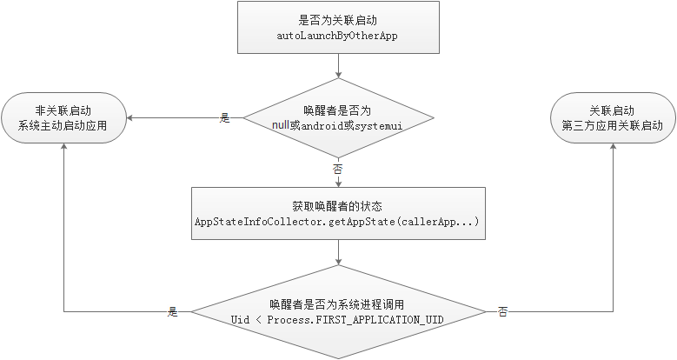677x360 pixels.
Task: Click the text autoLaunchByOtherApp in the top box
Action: tap(337, 35)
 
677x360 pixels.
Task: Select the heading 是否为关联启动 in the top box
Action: tap(337, 19)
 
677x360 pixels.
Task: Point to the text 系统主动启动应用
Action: tap(65, 125)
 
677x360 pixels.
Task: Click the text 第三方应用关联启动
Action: tap(612, 125)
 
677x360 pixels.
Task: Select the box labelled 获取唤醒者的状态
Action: tap(337, 214)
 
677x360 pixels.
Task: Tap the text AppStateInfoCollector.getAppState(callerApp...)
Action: tap(337, 223)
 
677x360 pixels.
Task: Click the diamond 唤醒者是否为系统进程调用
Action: tap(337, 311)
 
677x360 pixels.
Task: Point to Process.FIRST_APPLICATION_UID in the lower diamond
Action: tap(355, 320)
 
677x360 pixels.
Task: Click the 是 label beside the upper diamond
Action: tap(225, 117)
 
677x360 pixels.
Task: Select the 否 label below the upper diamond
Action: tap(337, 168)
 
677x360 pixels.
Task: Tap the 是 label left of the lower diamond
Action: tap(172, 311)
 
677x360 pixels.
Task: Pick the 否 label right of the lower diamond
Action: tap(503, 311)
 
